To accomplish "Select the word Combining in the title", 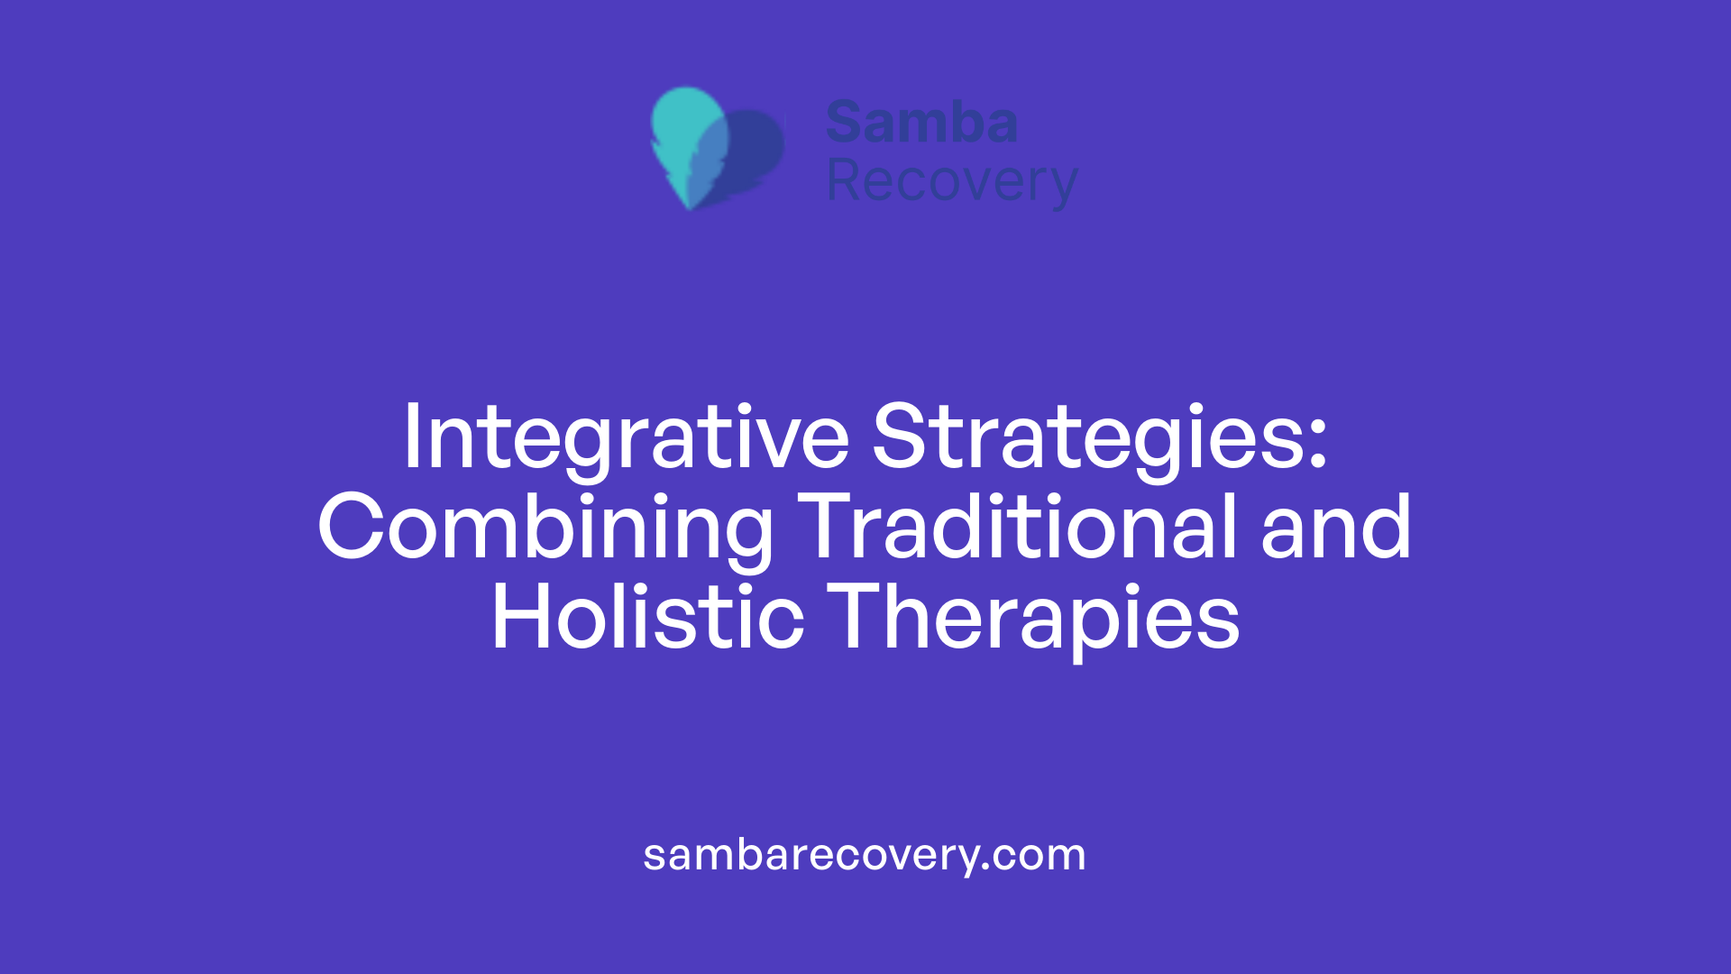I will (x=545, y=528).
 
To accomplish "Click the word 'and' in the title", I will (x=1335, y=528).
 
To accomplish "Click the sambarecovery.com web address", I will (x=865, y=854).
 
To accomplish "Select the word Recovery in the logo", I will (x=952, y=181).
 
